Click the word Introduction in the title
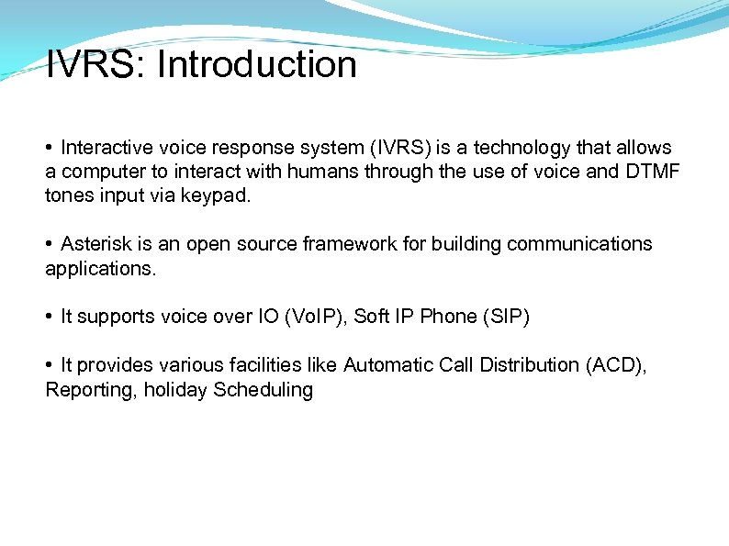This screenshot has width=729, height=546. point(258,65)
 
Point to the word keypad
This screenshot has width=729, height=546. point(219,195)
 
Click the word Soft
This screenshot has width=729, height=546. point(372,317)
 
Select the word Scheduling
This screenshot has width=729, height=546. point(264,390)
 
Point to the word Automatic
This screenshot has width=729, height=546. point(381,365)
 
